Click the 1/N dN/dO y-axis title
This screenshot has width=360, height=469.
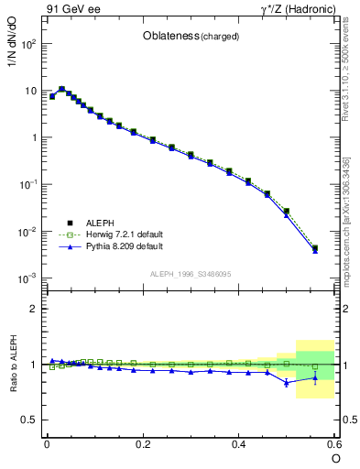pyautogui.click(x=14, y=69)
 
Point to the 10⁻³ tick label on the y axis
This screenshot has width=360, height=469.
pyautogui.click(x=27, y=278)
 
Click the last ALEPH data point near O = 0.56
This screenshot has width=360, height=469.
pyautogui.click(x=315, y=247)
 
